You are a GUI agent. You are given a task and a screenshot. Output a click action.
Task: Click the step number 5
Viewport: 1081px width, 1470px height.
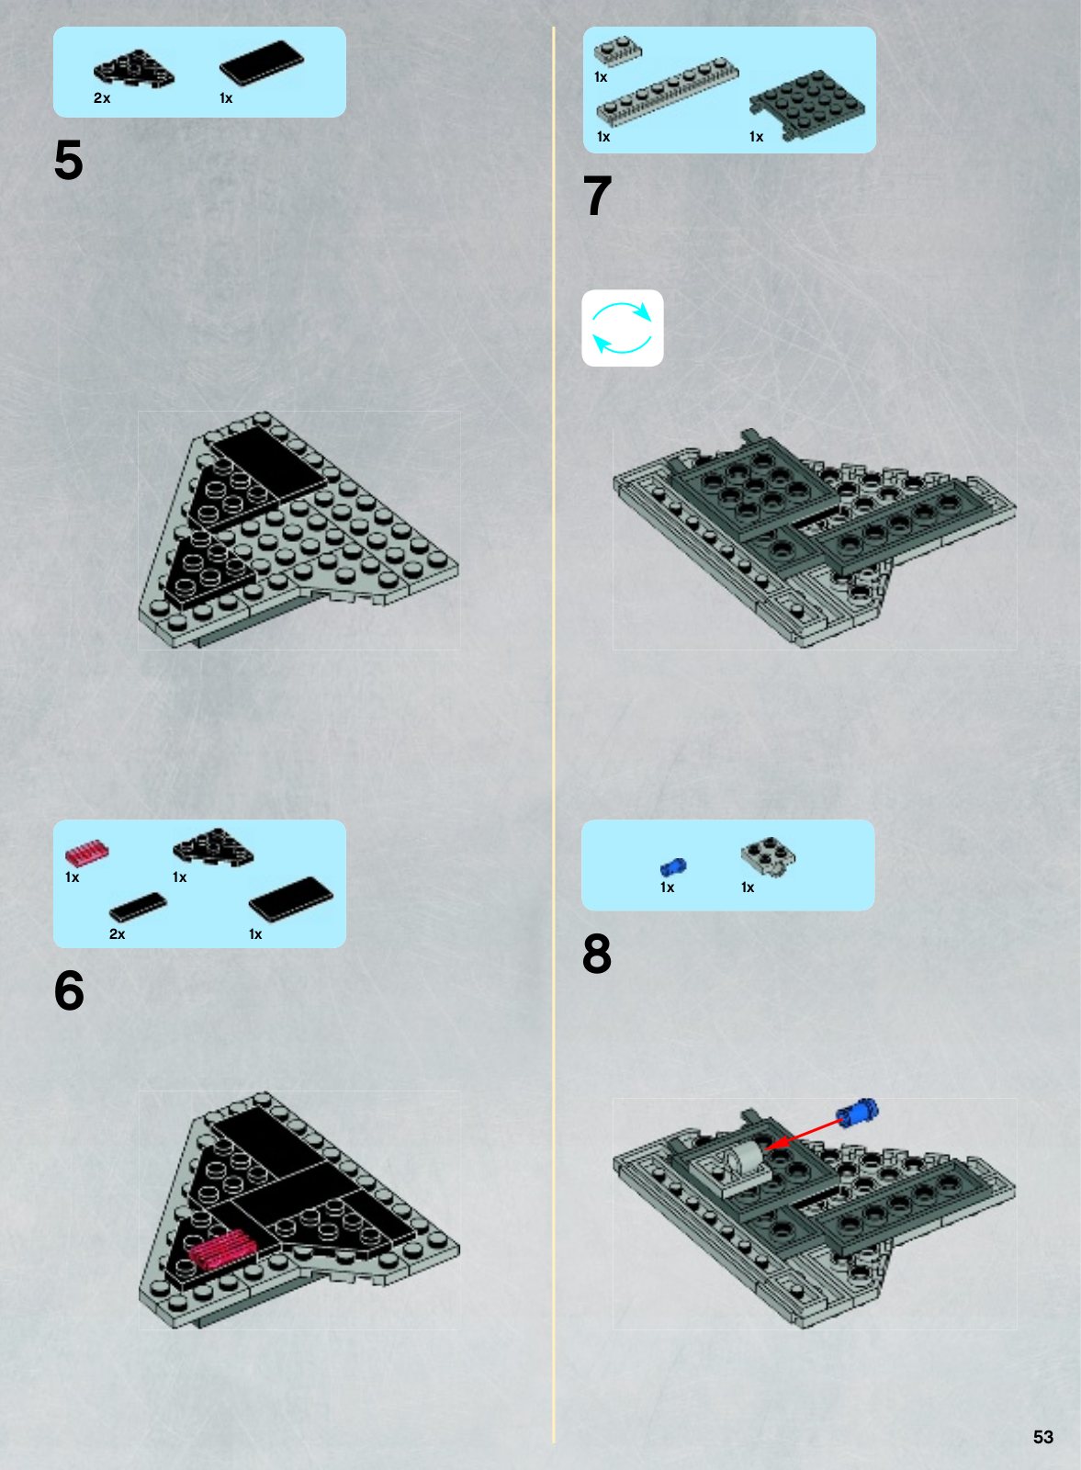click(x=68, y=160)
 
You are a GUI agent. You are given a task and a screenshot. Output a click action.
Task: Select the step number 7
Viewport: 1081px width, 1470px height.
click(x=598, y=196)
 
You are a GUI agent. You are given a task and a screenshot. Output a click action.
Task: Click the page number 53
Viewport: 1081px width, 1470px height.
click(x=1043, y=1437)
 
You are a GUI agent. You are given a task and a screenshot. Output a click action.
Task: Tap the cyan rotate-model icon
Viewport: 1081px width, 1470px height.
click(x=622, y=327)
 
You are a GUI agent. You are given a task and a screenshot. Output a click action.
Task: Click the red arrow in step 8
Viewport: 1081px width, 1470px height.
click(x=805, y=1134)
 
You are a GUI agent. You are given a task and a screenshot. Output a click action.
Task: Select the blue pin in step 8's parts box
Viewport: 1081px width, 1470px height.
click(x=673, y=867)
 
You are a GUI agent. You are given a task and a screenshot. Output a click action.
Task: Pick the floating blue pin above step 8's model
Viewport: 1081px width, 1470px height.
click(x=857, y=1112)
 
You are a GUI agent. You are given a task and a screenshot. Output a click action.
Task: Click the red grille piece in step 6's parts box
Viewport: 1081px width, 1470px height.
click(x=86, y=851)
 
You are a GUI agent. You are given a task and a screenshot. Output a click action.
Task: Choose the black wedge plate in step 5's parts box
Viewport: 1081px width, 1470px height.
click(x=134, y=69)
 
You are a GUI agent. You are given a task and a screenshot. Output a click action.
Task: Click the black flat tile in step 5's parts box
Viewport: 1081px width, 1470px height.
click(x=262, y=62)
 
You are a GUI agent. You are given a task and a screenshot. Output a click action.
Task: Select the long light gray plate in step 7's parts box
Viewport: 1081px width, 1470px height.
click(x=668, y=91)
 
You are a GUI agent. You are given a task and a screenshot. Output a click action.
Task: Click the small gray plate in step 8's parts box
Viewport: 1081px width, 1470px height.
click(x=768, y=857)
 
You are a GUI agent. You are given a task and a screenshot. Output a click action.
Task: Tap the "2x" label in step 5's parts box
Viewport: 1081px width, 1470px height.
click(x=102, y=97)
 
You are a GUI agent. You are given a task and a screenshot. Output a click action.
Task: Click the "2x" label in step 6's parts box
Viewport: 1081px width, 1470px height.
click(x=117, y=933)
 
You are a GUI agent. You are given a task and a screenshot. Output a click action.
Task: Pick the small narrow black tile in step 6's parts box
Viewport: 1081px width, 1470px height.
click(x=138, y=906)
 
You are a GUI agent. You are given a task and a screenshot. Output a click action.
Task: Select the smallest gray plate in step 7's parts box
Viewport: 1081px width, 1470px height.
click(x=618, y=51)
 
